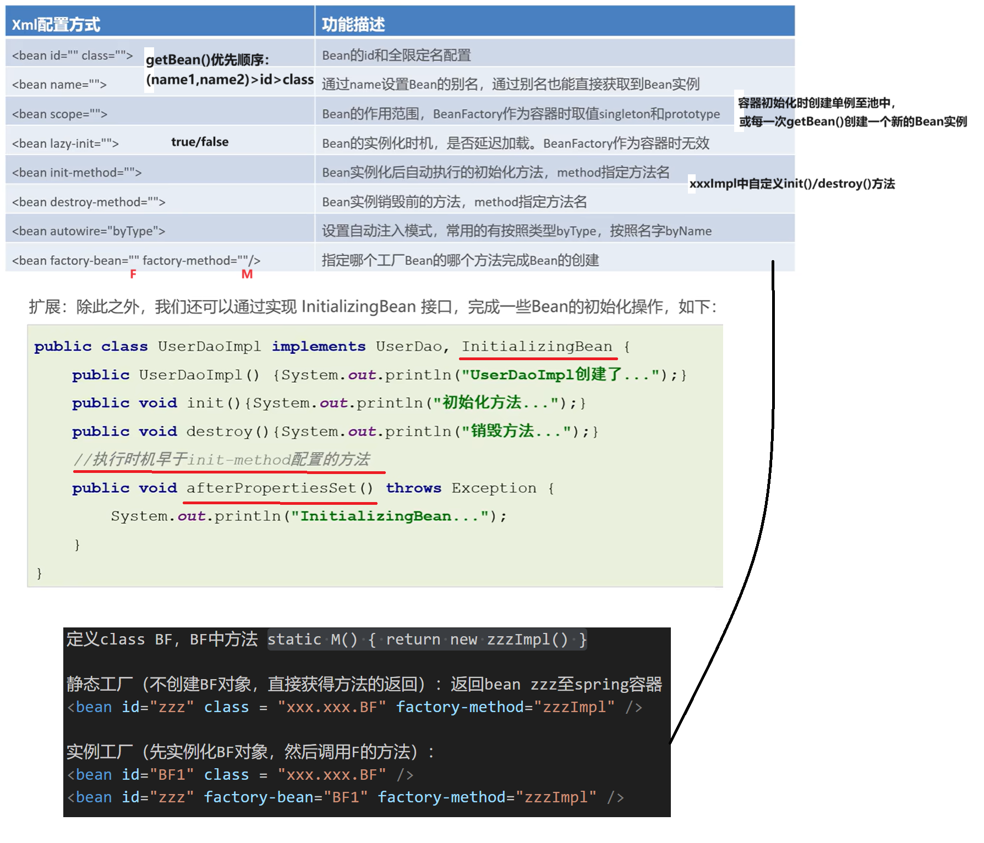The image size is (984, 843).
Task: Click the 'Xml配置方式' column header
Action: point(56,24)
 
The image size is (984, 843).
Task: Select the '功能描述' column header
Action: point(353,24)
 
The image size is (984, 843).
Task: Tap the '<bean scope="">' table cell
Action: point(59,114)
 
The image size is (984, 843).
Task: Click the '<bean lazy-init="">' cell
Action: point(65,144)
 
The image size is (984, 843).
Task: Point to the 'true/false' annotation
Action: point(200,142)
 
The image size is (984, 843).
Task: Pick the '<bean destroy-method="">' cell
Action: point(89,202)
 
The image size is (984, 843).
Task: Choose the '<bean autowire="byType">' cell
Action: point(89,231)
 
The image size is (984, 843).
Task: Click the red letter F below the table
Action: point(133,274)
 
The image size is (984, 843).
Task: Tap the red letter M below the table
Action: point(247,274)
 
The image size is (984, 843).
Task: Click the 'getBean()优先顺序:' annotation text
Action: point(207,59)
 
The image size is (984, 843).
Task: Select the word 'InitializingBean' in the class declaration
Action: point(537,346)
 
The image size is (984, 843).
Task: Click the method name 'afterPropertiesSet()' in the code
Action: point(280,488)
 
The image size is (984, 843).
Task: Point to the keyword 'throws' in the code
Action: point(413,488)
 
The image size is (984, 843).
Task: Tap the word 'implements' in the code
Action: point(319,346)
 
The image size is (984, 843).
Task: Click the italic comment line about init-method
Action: point(222,459)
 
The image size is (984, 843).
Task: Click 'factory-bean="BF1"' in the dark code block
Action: point(286,797)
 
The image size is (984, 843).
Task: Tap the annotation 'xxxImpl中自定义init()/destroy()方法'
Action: point(792,184)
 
